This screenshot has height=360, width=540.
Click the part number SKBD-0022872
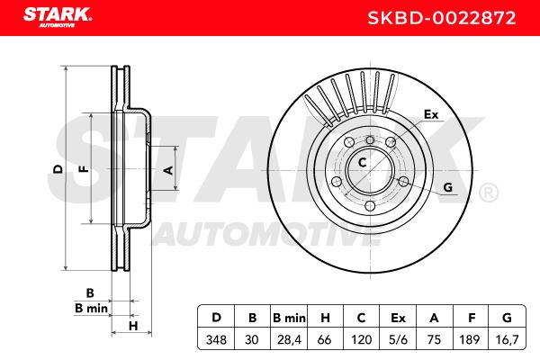click(x=442, y=18)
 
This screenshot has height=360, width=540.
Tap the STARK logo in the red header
click(x=58, y=17)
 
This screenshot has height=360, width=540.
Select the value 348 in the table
click(x=216, y=340)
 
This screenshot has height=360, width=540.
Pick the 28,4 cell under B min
click(x=289, y=340)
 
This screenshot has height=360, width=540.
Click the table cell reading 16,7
click(x=508, y=340)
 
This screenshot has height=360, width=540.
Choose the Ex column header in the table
click(x=398, y=318)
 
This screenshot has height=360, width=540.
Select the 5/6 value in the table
click(x=398, y=340)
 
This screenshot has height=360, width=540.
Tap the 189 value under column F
click(x=470, y=340)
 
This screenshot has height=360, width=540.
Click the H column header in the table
click(x=325, y=318)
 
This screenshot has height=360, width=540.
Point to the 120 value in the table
click(x=361, y=340)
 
